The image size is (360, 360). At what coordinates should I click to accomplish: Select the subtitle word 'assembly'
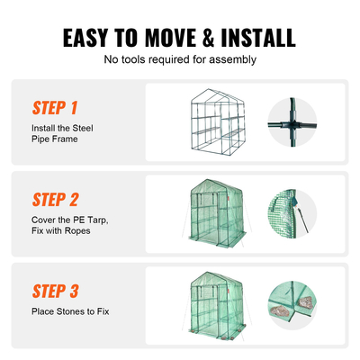[x=232, y=60]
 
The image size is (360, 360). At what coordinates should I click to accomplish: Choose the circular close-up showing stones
[x=292, y=305]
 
